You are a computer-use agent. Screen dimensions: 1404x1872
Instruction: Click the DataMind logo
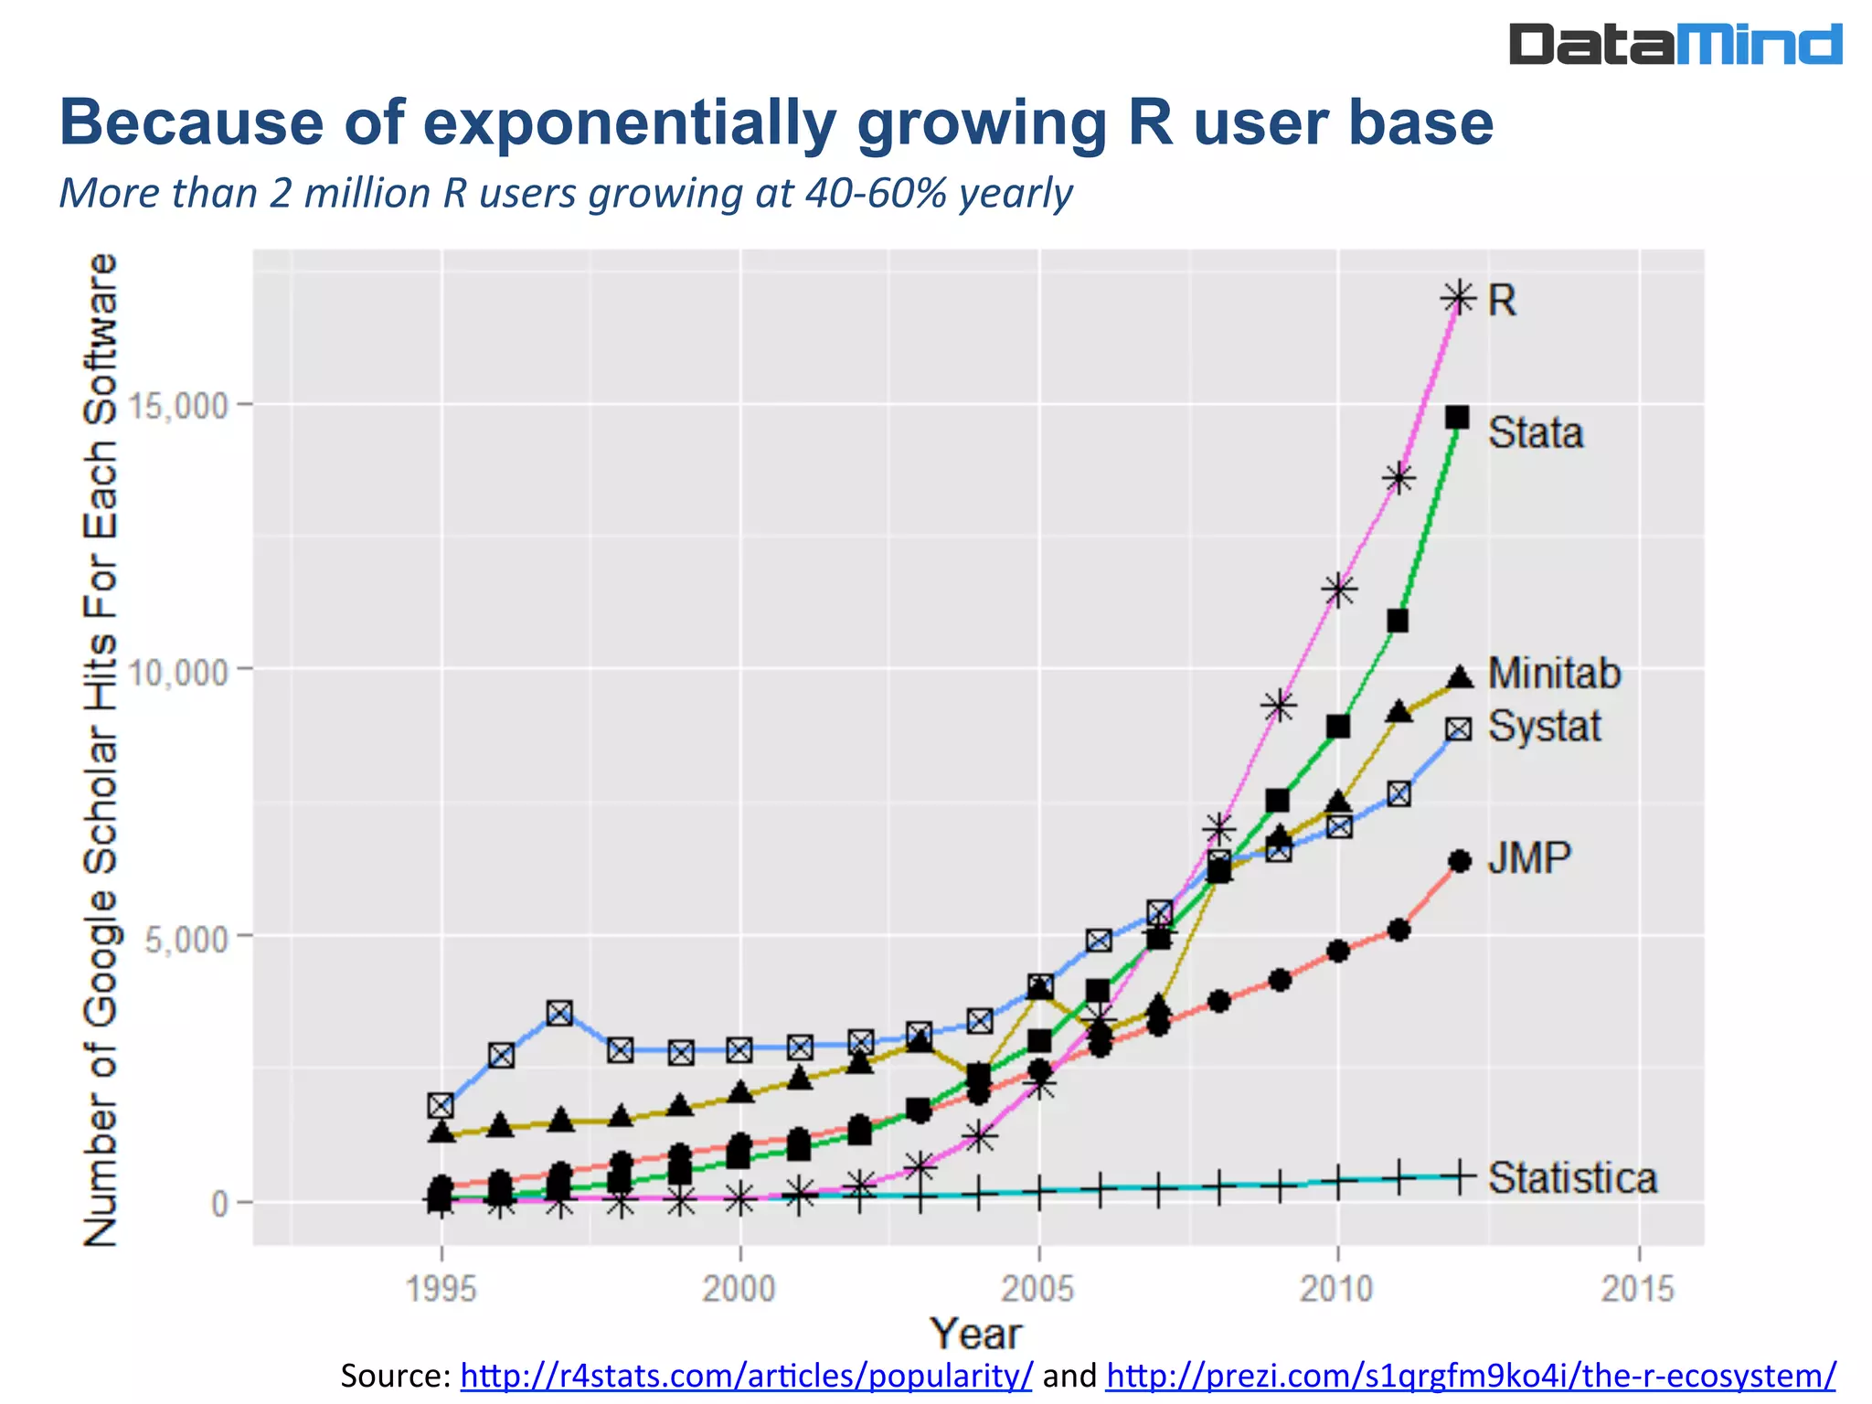1675,45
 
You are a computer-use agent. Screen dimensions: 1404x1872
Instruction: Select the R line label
1502,301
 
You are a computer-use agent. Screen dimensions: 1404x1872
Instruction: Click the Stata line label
1535,432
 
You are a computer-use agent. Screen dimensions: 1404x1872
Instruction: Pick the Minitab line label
1554,674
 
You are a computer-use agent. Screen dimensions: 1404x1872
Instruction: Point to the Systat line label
1544,727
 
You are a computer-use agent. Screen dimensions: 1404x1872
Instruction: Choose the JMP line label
1529,858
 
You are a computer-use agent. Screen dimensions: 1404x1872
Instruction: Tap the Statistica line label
1572,1177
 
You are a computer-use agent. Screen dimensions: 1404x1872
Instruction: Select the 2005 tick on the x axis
1038,1289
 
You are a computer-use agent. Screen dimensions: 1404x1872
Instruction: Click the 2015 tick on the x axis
1638,1289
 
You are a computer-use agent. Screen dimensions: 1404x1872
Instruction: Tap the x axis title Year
975,1334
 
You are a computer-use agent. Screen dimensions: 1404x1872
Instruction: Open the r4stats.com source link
746,1375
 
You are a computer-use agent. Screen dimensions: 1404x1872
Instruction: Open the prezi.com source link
1470,1375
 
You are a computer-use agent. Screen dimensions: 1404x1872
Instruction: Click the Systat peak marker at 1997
559,1013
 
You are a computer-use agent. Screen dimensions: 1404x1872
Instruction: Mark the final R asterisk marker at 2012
1458,298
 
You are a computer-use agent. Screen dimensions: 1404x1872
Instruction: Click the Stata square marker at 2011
1398,622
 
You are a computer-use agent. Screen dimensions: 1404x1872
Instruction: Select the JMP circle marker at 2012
1460,861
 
